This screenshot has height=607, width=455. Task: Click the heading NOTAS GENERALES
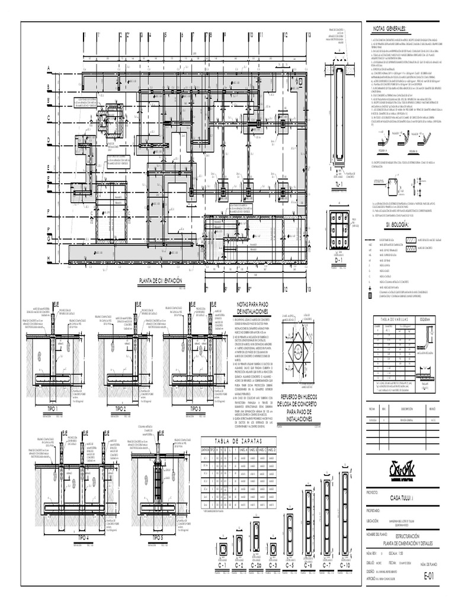click(x=389, y=29)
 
